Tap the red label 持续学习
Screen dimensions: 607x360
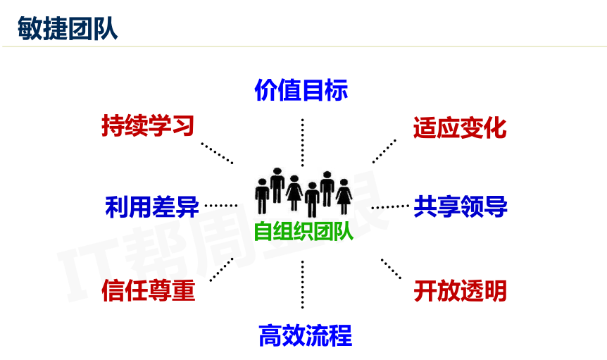point(147,126)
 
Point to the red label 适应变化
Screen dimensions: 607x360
point(460,128)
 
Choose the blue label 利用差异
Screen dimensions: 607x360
point(151,207)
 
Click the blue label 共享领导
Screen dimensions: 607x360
point(461,206)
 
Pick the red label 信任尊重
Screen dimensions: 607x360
point(148,290)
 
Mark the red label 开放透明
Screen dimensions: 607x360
point(460,290)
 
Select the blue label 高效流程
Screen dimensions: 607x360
point(305,335)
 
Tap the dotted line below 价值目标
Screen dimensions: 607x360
point(303,141)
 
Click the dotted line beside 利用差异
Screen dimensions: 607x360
point(221,206)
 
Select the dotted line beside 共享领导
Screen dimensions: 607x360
point(389,206)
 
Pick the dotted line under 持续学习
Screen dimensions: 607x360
point(217,153)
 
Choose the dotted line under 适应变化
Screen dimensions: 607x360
point(384,151)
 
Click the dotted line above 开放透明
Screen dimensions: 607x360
point(391,269)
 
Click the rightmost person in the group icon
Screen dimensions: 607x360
point(344,196)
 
